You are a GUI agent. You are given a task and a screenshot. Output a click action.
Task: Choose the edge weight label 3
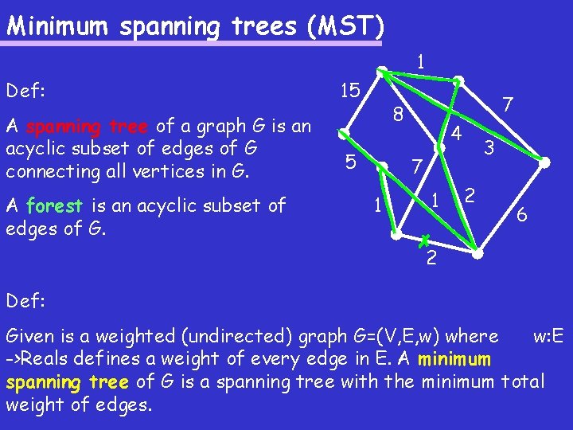pos(490,147)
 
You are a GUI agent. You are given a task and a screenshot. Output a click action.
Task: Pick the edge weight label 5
pos(350,162)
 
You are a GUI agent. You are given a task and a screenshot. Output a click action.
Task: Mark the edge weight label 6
pos(520,214)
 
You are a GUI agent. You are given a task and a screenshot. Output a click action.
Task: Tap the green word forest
pos(53,206)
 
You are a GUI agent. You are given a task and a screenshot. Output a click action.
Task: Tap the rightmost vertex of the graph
pos(545,162)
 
